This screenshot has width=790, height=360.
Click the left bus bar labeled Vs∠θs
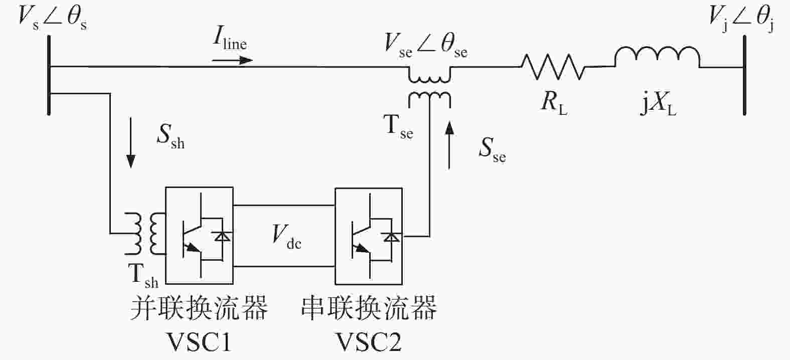click(x=49, y=75)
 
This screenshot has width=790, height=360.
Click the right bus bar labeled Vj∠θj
click(x=744, y=75)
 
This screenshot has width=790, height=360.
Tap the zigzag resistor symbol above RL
click(x=552, y=67)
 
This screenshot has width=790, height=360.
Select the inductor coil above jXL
click(x=658, y=57)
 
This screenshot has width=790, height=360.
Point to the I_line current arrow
click(x=232, y=60)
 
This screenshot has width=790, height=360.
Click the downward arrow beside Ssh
click(x=131, y=143)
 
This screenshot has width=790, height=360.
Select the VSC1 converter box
click(x=200, y=236)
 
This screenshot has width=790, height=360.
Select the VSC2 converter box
click(x=369, y=236)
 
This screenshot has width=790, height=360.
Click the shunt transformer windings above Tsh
click(x=144, y=234)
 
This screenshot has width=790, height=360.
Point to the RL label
click(x=554, y=104)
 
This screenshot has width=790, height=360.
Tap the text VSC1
click(x=199, y=341)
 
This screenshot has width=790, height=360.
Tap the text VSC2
click(x=369, y=341)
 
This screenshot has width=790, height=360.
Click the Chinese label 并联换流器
click(x=199, y=307)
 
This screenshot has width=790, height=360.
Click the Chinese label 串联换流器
click(x=369, y=307)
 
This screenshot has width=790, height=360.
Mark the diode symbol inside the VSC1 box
click(x=222, y=236)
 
